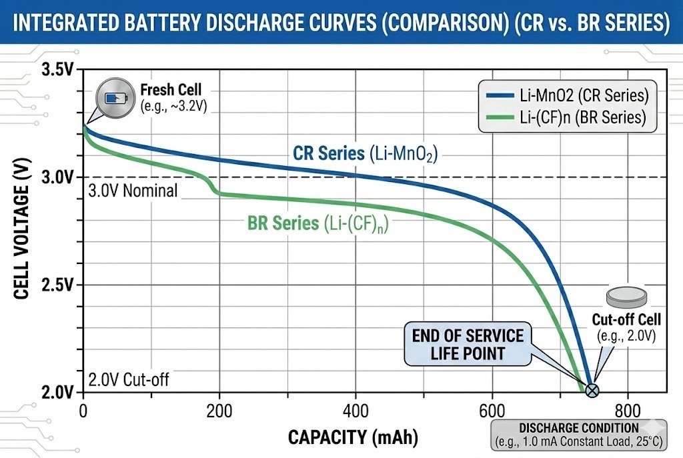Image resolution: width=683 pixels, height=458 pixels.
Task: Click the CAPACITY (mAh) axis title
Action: click(353, 437)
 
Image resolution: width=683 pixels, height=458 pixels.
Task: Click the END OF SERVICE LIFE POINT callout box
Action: click(468, 343)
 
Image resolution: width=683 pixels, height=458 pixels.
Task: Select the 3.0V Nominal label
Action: click(133, 191)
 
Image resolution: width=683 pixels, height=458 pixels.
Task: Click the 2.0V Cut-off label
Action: click(129, 380)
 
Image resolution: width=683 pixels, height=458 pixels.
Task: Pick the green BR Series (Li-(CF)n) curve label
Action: click(318, 223)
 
